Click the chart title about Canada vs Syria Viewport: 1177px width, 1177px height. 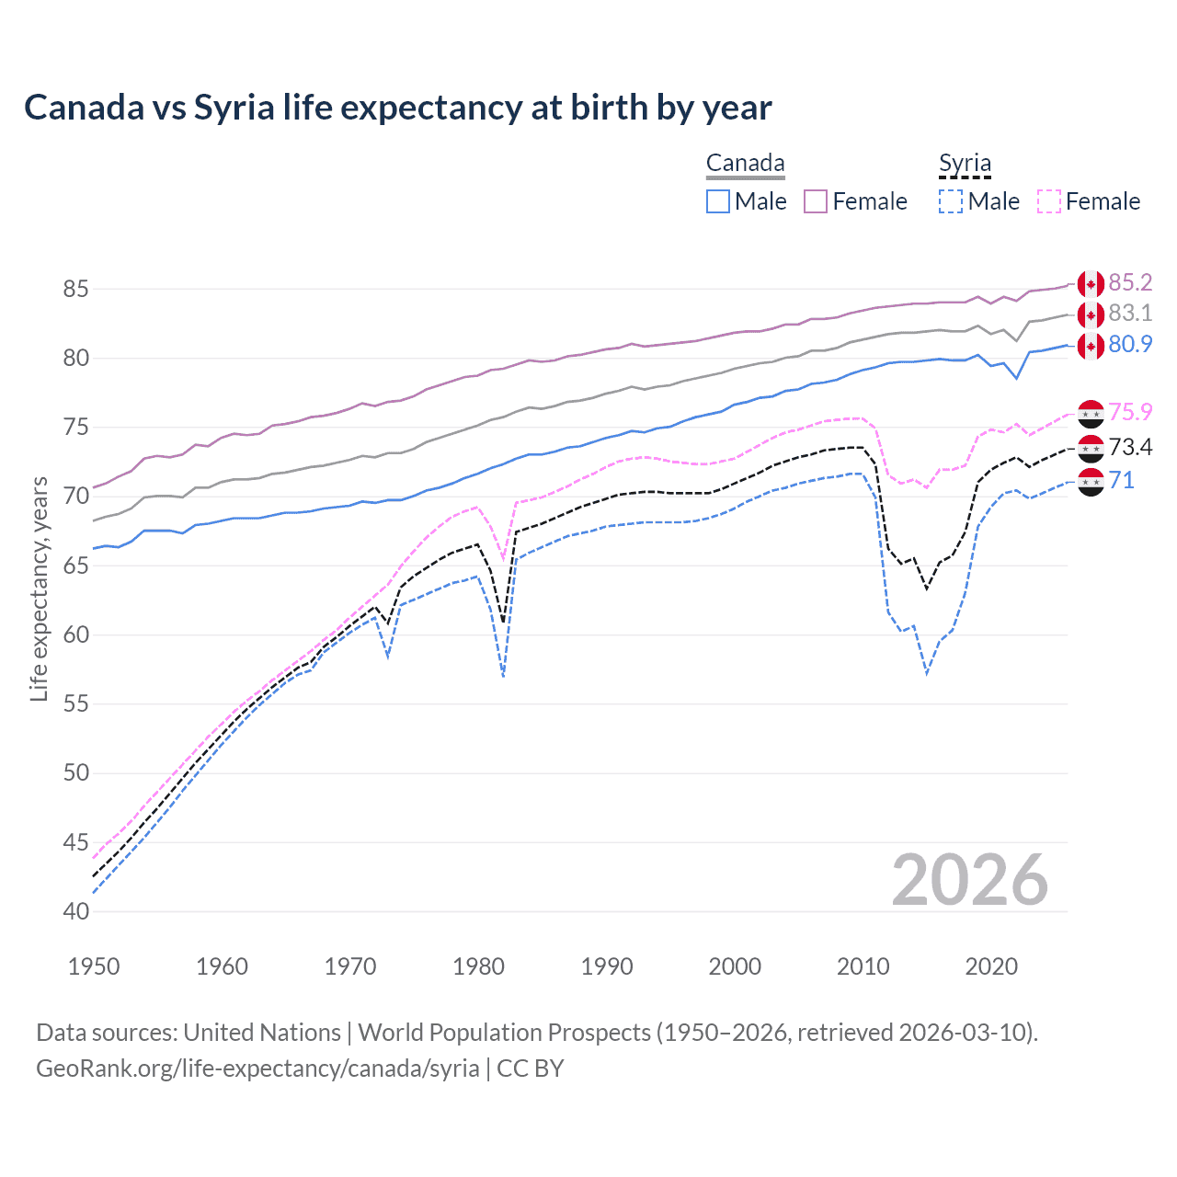(x=397, y=108)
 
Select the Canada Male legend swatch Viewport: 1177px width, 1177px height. (x=718, y=201)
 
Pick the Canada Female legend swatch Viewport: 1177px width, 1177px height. (x=816, y=201)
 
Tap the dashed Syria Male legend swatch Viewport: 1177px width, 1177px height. (x=951, y=201)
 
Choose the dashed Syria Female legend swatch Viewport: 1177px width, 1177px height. (x=1049, y=201)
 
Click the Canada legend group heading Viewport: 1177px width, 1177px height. (x=745, y=164)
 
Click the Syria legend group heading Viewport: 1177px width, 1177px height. (x=965, y=164)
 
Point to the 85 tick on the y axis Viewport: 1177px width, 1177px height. (x=75, y=289)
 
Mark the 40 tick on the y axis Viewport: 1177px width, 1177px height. (x=75, y=911)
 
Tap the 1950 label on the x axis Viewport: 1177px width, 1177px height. (x=94, y=966)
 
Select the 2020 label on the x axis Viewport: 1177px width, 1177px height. (x=991, y=966)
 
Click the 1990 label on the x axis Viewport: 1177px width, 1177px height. (x=607, y=966)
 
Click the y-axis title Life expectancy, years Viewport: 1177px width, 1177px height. (x=39, y=588)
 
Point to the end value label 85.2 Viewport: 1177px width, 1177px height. (x=1130, y=282)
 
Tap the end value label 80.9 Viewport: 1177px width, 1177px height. (x=1130, y=344)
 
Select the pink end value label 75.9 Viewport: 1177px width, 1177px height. (x=1130, y=412)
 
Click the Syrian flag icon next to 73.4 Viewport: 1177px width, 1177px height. (x=1091, y=448)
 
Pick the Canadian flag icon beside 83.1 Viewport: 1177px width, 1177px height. (x=1091, y=314)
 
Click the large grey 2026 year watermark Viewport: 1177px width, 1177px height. (x=970, y=880)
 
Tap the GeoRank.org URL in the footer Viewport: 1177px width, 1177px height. (x=257, y=1068)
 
